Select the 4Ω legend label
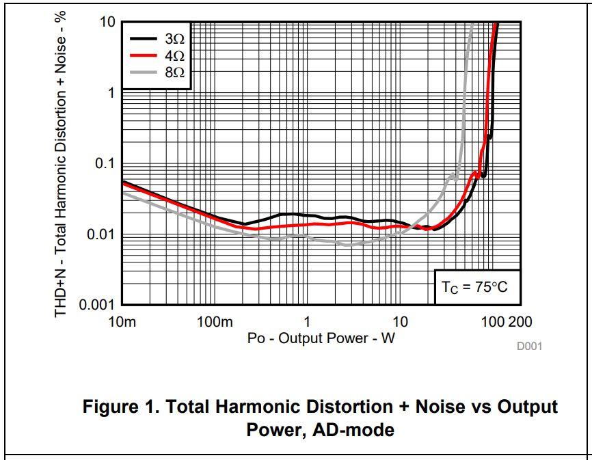[174, 55]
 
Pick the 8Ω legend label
[174, 72]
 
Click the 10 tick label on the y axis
[107, 22]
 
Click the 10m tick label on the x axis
[122, 322]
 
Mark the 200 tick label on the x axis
[521, 322]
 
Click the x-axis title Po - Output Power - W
[321, 338]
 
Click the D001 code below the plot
[529, 346]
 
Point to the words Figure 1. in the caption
[113, 407]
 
